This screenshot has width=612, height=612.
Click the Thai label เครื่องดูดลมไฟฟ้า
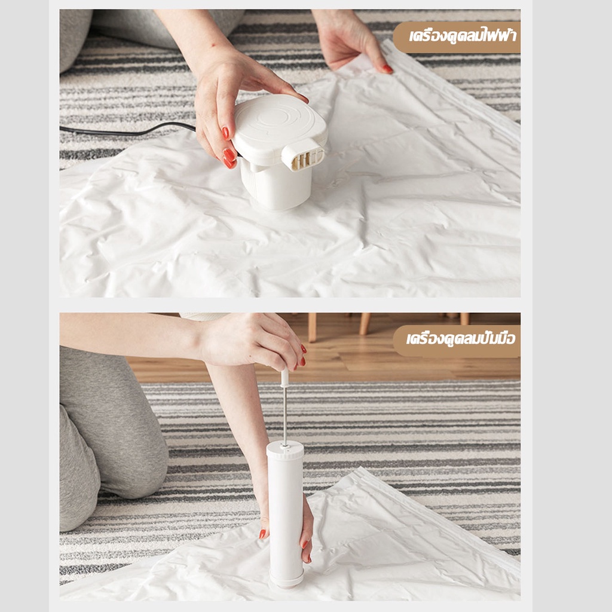point(463,36)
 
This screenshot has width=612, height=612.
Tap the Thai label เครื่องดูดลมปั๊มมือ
point(461,339)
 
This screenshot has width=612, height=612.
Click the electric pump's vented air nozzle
point(304,155)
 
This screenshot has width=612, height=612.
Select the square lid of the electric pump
point(280,126)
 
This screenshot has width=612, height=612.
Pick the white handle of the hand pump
point(284,378)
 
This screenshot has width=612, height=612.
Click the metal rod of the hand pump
point(284,416)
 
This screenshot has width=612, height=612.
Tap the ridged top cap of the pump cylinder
point(285,449)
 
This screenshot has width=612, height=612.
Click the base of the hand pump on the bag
point(286,582)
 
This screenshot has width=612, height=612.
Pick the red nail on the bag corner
point(387,69)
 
